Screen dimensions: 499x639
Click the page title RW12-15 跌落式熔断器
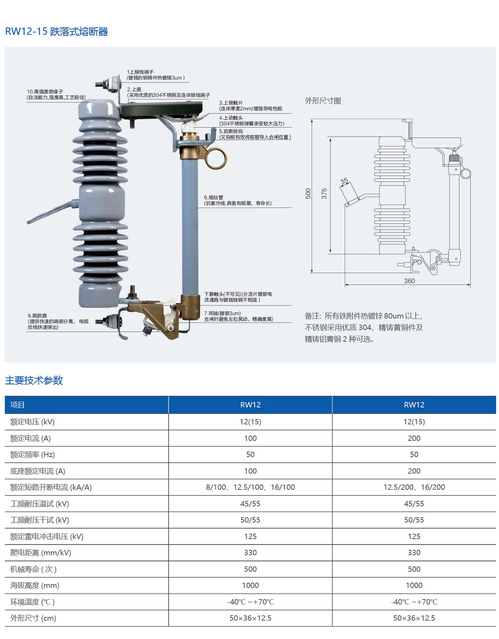(x=57, y=32)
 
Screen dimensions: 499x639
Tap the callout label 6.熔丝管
(x=214, y=197)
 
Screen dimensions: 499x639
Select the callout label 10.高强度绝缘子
(x=45, y=91)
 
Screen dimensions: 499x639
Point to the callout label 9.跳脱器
(x=37, y=316)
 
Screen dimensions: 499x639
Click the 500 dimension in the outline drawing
(x=308, y=193)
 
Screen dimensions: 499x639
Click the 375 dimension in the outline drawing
(x=324, y=193)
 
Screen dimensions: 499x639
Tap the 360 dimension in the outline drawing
(x=409, y=281)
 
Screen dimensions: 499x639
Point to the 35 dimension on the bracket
(x=344, y=181)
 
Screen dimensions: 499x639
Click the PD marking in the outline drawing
(x=417, y=262)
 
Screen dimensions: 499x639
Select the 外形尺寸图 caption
(x=323, y=101)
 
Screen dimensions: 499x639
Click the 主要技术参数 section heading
(x=34, y=380)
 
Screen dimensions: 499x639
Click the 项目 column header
(x=17, y=405)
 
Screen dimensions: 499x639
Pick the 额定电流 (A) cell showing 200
(x=414, y=438)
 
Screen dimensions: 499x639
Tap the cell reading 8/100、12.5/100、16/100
(x=250, y=487)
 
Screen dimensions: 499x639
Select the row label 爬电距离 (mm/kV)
(x=41, y=553)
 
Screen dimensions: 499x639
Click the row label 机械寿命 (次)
(x=33, y=569)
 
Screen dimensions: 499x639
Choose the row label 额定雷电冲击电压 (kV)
(x=47, y=536)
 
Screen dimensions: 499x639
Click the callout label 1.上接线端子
(x=140, y=72)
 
